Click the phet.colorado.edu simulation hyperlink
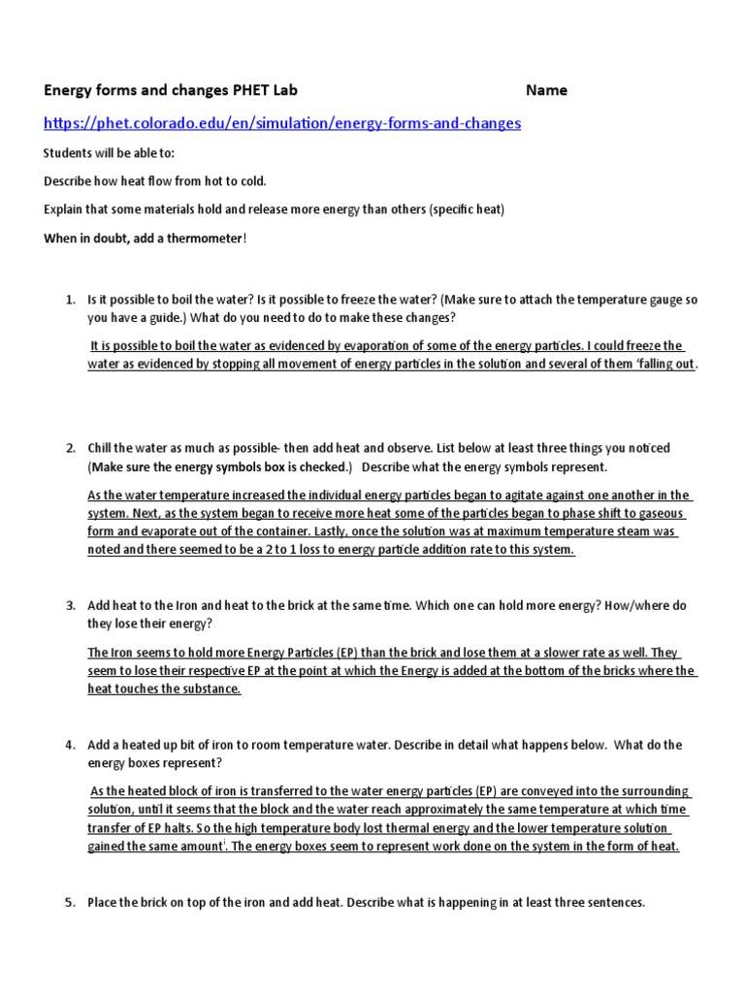(x=282, y=123)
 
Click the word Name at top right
(x=546, y=90)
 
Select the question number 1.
(x=71, y=301)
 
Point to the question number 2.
(x=71, y=448)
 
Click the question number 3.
(x=71, y=605)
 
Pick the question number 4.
(x=71, y=745)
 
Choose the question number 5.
(x=71, y=902)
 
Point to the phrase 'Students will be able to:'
(x=110, y=153)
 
